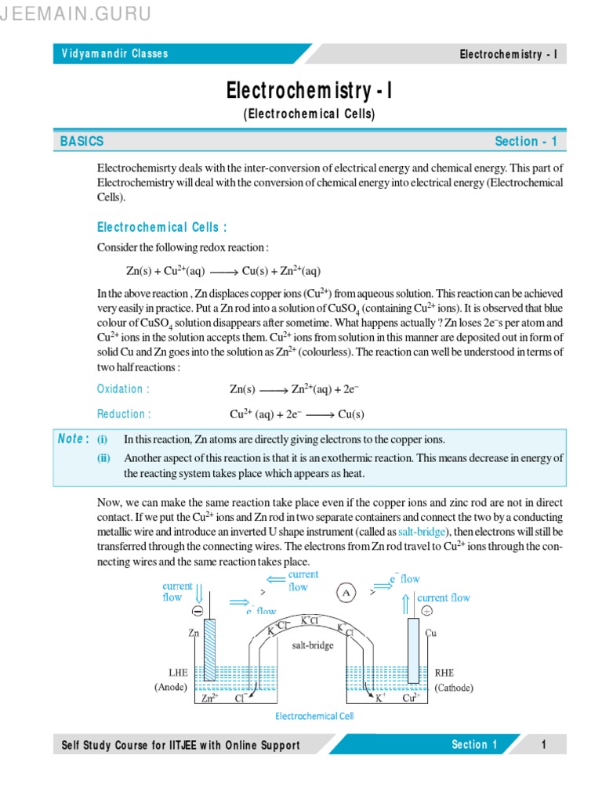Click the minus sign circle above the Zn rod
coord(198,611)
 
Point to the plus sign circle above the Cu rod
coord(426,611)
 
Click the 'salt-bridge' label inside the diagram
coord(312,645)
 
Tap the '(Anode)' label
coord(170,688)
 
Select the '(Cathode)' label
coord(454,688)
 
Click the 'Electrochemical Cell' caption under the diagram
coord(314,716)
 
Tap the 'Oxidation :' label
coord(123,389)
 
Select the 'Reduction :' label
coord(124,414)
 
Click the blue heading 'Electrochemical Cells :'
coord(161,227)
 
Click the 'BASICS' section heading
coord(82,142)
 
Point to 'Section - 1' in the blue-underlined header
coord(525,142)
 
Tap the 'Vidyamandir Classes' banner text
coord(114,54)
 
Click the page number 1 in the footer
coord(542,745)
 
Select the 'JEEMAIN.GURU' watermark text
coord(75,13)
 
